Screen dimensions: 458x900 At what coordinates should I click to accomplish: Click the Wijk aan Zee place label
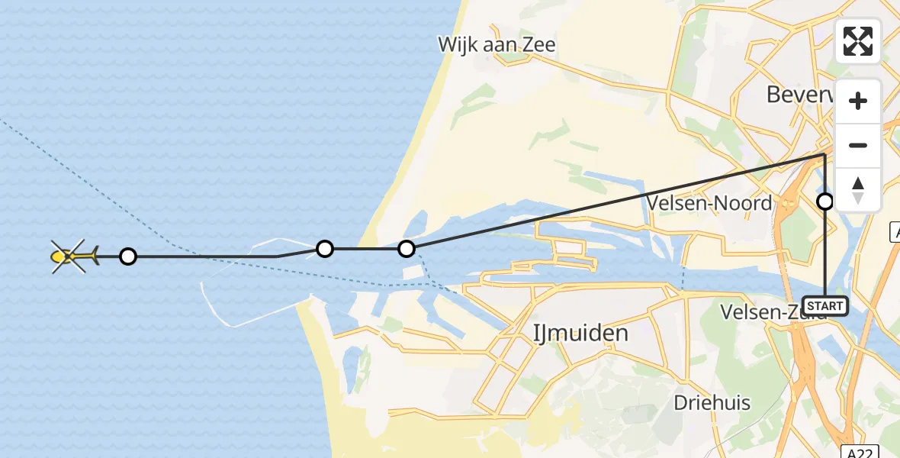pos(497,44)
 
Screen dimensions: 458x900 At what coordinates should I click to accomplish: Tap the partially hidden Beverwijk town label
pos(799,95)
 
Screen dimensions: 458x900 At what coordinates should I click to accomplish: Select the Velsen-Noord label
pos(709,203)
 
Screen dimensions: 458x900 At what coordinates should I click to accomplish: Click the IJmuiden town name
pos(580,333)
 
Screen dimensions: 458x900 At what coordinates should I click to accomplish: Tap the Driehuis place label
pos(712,403)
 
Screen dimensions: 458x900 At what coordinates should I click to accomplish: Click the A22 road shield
pos(862,450)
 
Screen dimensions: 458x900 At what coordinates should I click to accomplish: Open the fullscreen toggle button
pos(858,41)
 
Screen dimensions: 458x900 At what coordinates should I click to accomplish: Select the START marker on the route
pos(825,306)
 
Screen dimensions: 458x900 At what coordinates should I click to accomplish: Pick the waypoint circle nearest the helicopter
pos(128,256)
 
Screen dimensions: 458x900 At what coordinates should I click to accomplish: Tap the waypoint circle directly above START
pos(825,202)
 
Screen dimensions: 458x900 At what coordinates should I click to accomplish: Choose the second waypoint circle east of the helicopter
pos(325,249)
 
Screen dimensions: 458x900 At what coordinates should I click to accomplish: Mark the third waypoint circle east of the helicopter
pos(407,249)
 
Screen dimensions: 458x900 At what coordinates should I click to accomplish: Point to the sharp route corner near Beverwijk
pos(824,155)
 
